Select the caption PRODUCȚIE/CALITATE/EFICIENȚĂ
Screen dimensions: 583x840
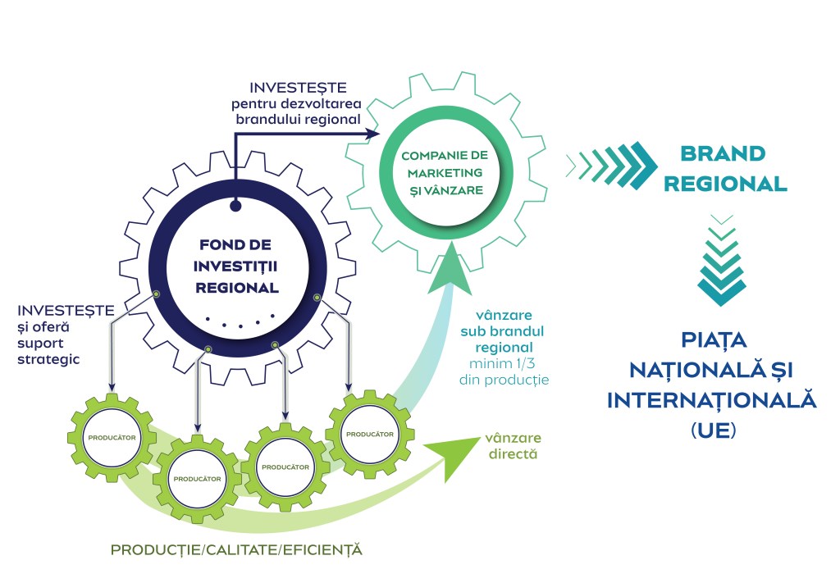pyautogui.click(x=236, y=548)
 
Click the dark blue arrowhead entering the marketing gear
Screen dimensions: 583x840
pyautogui.click(x=373, y=133)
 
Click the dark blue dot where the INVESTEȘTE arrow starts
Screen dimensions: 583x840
pyautogui.click(x=236, y=206)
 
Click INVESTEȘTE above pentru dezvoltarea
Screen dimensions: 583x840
pyautogui.click(x=299, y=87)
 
